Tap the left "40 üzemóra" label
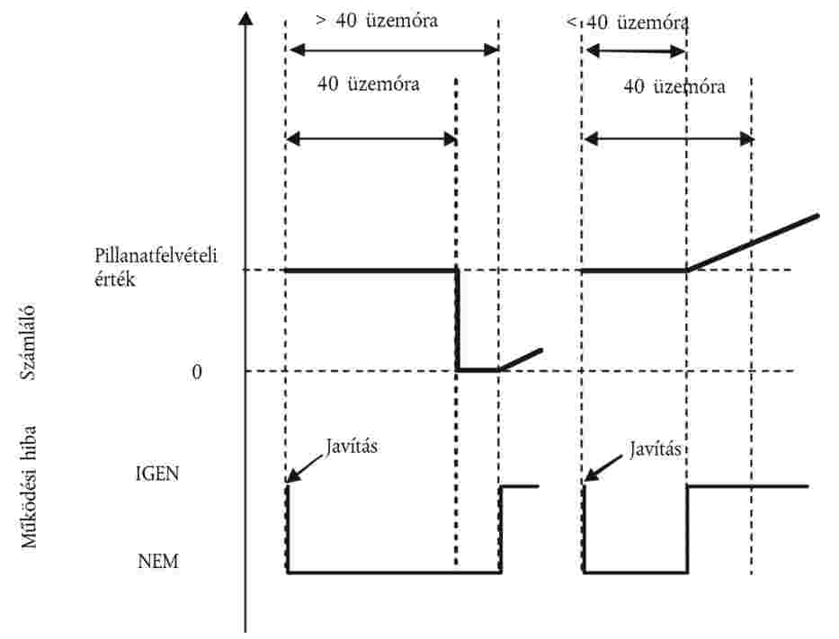click(368, 85)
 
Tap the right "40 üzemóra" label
click(674, 87)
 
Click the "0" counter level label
click(197, 371)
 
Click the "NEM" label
click(158, 563)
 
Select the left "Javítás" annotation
click(351, 446)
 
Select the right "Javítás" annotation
click(655, 447)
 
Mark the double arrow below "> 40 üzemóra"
click(391, 50)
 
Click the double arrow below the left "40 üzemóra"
click(370, 138)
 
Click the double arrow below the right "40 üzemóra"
click(667, 138)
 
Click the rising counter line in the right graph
click(753, 243)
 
